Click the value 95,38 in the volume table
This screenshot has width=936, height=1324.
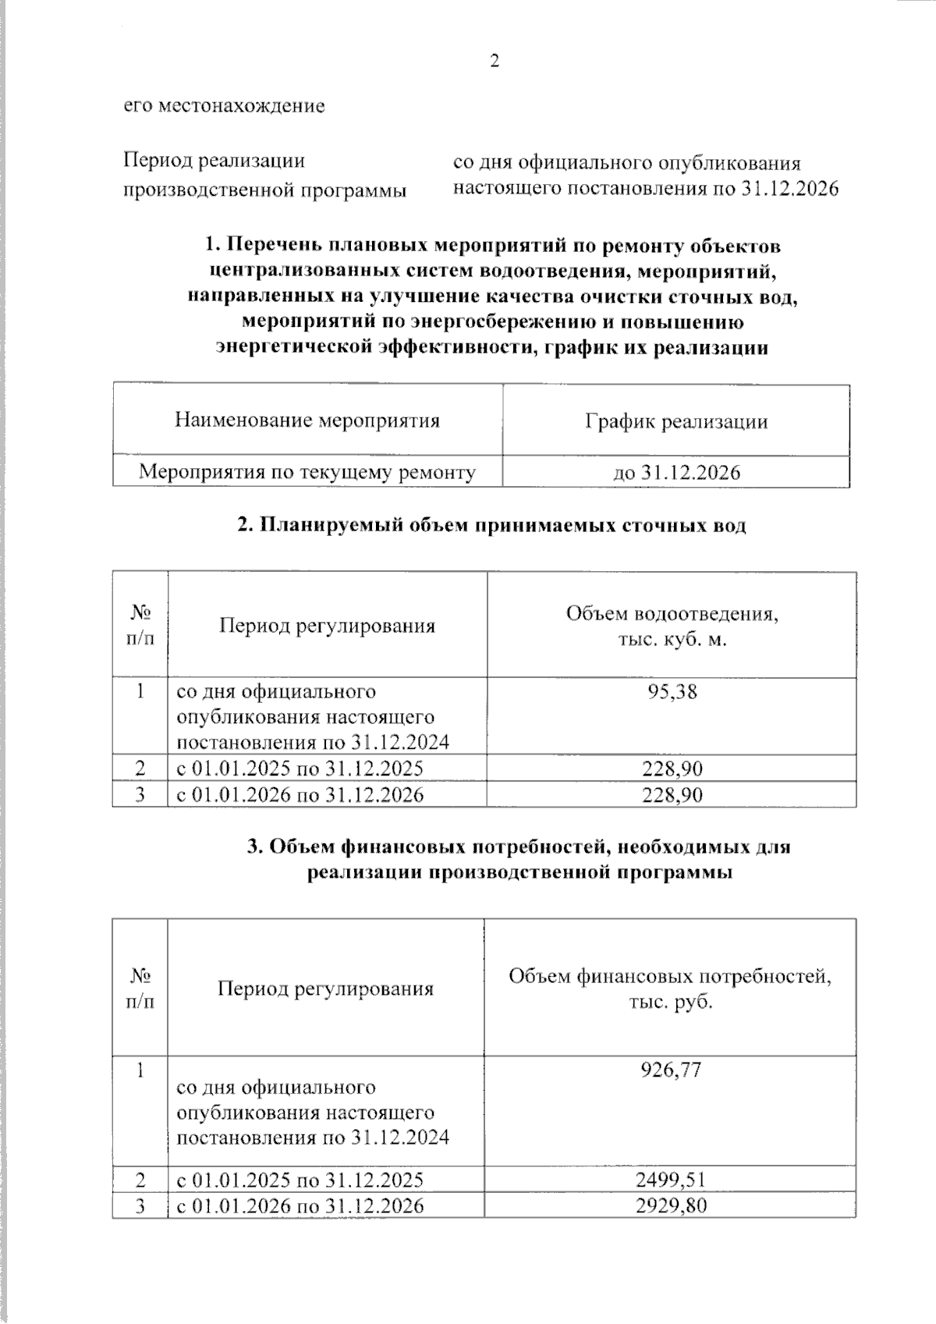pos(672,691)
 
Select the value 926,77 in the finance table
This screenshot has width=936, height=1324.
pos(671,1069)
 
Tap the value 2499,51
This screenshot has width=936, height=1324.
pos(671,1179)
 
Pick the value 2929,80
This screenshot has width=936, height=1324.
pos(671,1205)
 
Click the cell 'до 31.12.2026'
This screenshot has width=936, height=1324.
pos(676,472)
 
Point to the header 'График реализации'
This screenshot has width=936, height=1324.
pos(676,422)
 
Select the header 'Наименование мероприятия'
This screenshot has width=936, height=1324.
pos(307,421)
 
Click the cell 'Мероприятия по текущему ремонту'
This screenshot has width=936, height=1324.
pos(307,472)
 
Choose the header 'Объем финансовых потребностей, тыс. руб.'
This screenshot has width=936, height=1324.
pos(670,989)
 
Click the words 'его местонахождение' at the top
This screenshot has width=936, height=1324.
pos(224,105)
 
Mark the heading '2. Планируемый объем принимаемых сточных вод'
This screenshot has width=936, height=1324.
pos(491,525)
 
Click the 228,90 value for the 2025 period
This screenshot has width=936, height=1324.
pos(672,768)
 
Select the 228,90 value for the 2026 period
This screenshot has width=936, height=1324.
pos(672,795)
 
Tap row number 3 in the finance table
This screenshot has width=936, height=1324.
pos(140,1205)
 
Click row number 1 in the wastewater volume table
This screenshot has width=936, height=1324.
pos(140,691)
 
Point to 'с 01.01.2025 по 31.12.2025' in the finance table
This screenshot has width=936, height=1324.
pos(300,1179)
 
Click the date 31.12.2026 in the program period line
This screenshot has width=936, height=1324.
pos(788,189)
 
